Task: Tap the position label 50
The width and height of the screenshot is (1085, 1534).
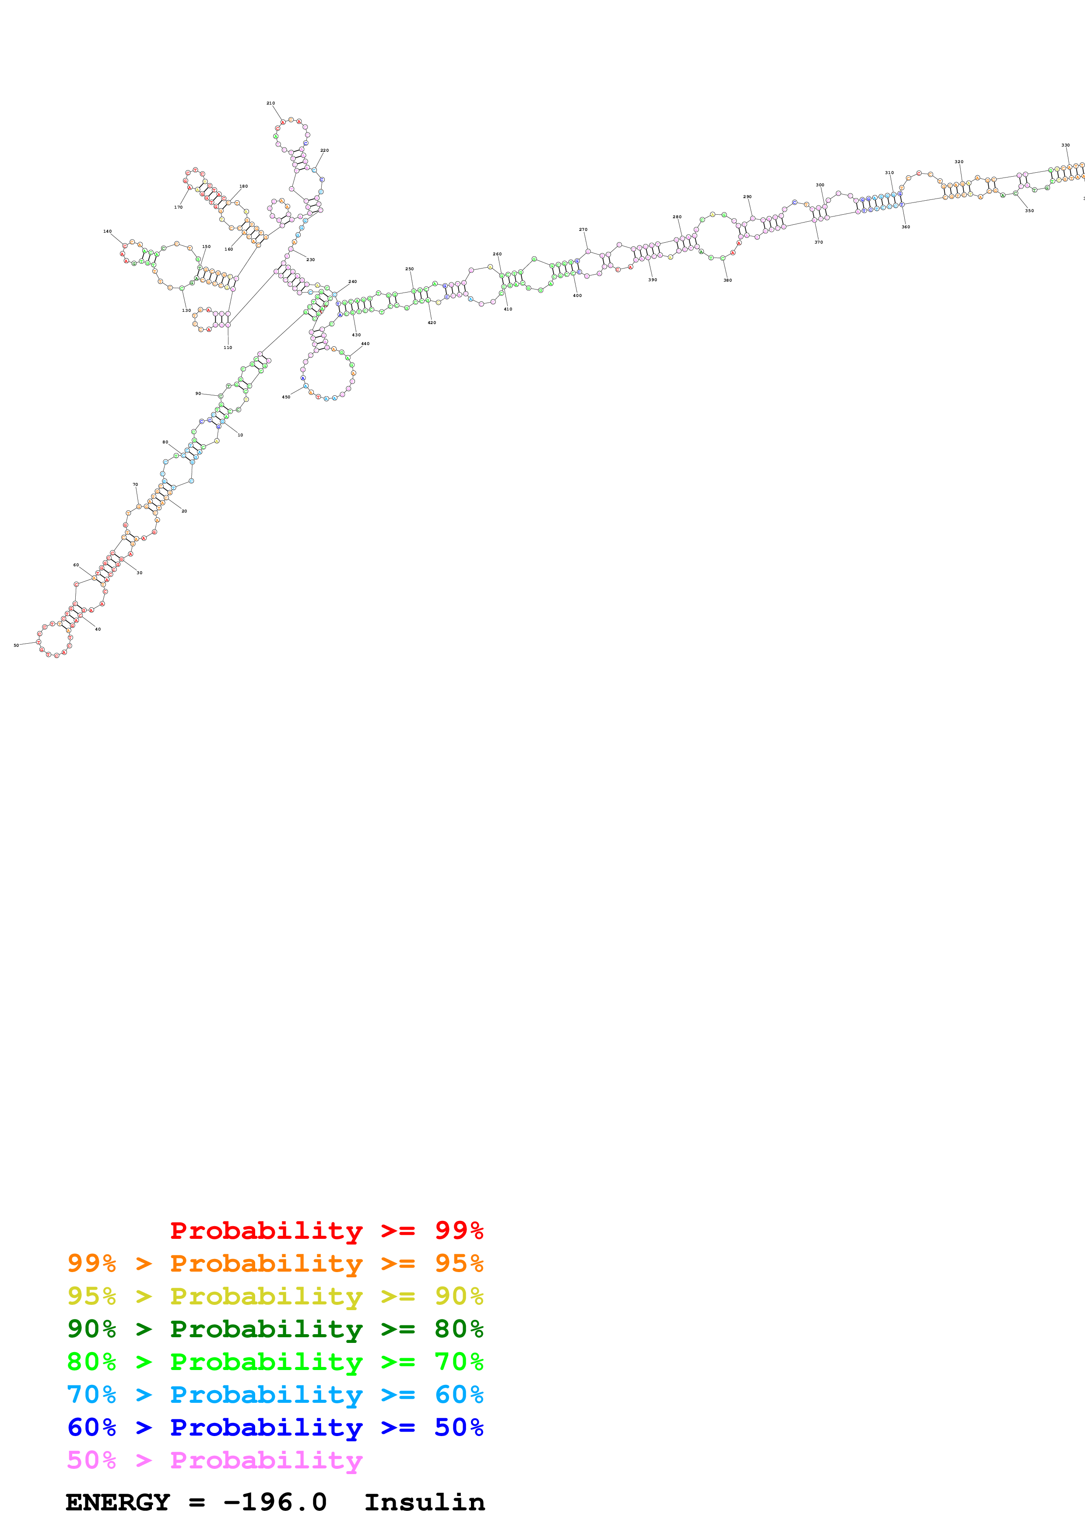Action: click(x=16, y=645)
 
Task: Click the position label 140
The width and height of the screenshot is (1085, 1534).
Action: click(x=107, y=231)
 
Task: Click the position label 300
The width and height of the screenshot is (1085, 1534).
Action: click(x=820, y=185)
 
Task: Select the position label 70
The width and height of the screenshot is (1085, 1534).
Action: click(x=135, y=485)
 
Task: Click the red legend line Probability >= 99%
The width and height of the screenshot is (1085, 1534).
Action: click(x=326, y=1230)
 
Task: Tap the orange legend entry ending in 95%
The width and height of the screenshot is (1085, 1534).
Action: click(x=275, y=1263)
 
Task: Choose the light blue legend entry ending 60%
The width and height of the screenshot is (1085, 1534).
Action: click(x=275, y=1395)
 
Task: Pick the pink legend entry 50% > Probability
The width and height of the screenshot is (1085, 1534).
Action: click(x=214, y=1460)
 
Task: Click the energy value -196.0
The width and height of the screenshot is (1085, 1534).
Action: click(x=275, y=1502)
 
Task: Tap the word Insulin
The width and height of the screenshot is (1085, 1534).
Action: click(x=425, y=1502)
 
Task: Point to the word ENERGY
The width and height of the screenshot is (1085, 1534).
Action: click(x=118, y=1502)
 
